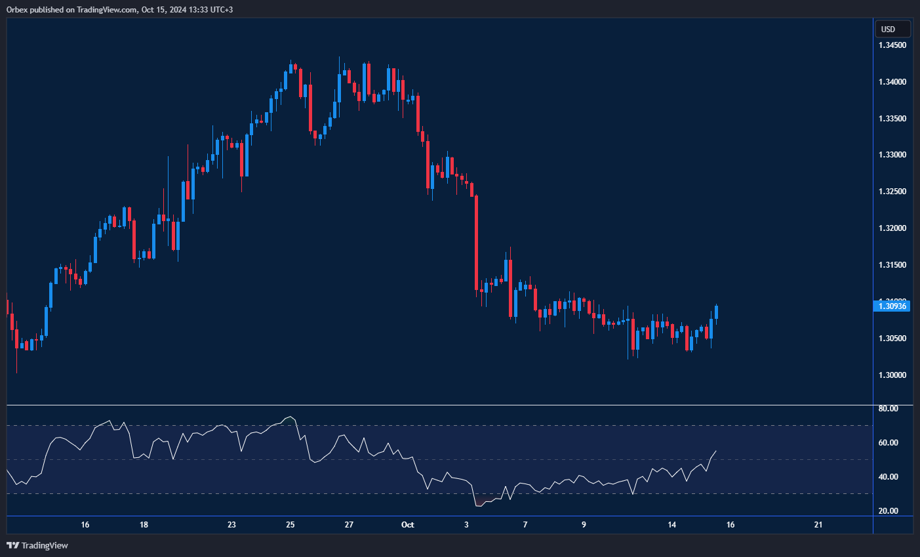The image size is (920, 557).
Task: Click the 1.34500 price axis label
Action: tap(892, 45)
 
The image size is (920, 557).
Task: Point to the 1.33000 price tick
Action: tap(892, 155)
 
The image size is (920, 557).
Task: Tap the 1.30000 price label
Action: tap(892, 375)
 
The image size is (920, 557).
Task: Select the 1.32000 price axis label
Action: tap(892, 228)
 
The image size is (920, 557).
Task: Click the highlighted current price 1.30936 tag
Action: tap(892, 306)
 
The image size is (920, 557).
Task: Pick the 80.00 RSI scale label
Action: tap(889, 409)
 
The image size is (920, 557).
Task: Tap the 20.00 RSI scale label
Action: tap(889, 511)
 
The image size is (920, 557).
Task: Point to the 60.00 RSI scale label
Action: tap(889, 443)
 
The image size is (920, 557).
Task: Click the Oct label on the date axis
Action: tap(407, 525)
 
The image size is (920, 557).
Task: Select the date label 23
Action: tap(231, 525)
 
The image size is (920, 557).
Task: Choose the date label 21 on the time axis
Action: tap(818, 525)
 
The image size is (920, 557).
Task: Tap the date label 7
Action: tap(525, 525)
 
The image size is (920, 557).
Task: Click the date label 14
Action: tap(671, 525)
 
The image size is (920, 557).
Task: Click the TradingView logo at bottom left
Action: tap(37, 545)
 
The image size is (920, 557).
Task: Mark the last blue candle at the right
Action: tap(717, 312)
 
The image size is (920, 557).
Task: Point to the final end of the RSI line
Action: tap(716, 451)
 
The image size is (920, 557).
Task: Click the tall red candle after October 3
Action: tap(477, 243)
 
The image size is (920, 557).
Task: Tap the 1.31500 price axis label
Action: tap(892, 265)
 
